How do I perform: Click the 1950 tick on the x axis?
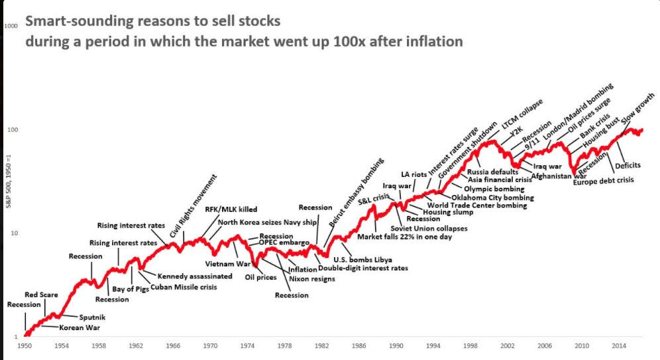25,345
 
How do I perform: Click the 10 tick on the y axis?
12,233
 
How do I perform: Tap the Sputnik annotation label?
92,318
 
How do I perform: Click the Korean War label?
80,328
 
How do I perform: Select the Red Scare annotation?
42,294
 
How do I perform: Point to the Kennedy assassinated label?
195,276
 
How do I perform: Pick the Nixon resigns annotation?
311,279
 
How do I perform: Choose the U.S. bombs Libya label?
362,259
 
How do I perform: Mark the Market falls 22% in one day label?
404,237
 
